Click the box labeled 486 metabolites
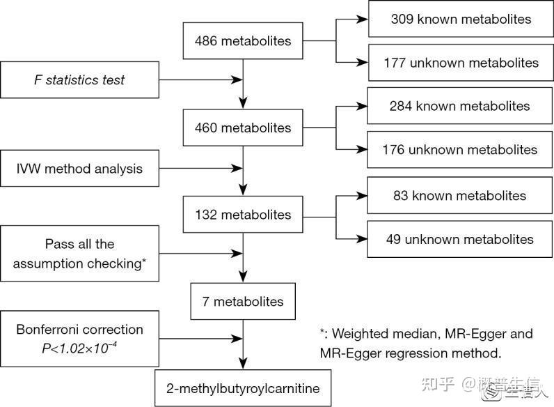pos(243,40)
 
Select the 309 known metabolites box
pos(460,19)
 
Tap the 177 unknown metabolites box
pos(460,63)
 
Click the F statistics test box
pos(80,79)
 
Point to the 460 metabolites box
pos(243,128)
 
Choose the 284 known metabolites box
pos(460,106)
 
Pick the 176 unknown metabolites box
pos(460,150)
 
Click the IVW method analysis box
pos(80,168)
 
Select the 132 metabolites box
pos(243,215)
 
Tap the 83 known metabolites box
pos(460,196)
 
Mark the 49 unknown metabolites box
pos(460,239)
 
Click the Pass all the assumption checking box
pos(80,254)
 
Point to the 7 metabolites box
pos(243,302)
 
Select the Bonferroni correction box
pos(80,338)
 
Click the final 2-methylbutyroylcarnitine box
pos(243,387)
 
